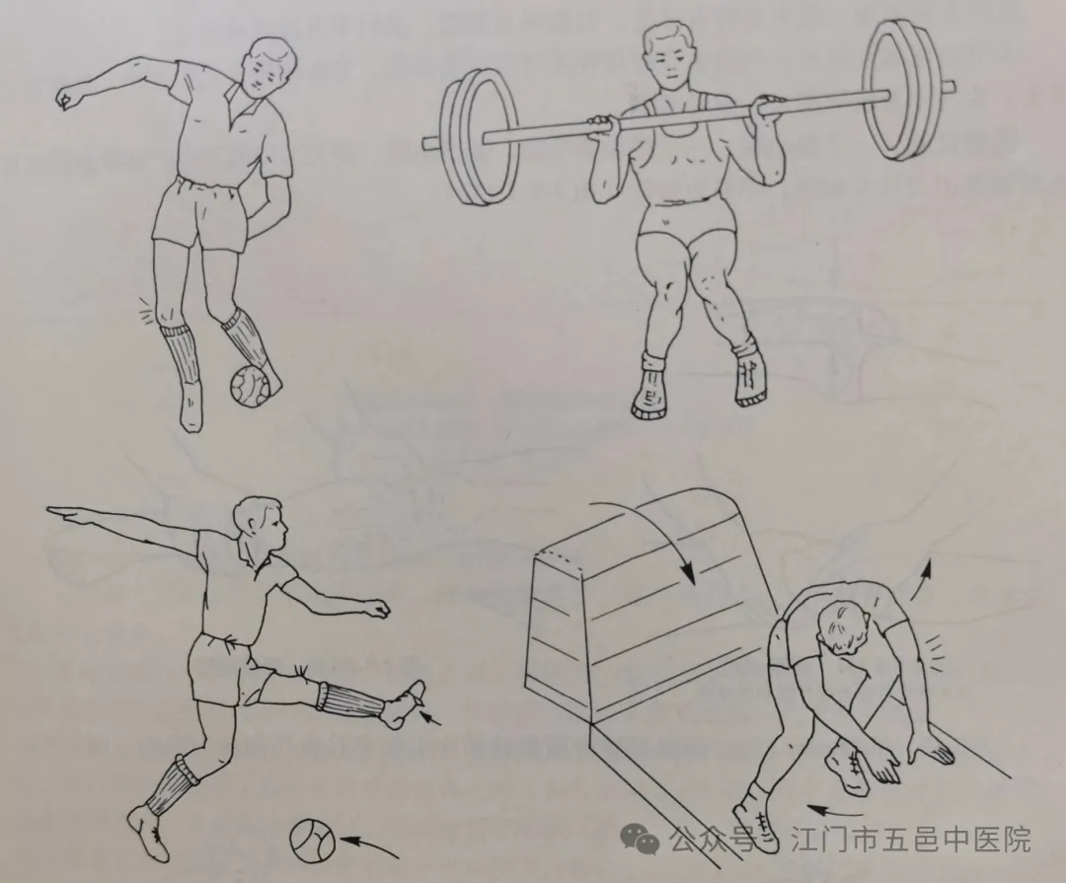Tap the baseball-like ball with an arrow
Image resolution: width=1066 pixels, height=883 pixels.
click(x=312, y=841)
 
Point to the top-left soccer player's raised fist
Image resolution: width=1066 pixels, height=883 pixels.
click(x=68, y=98)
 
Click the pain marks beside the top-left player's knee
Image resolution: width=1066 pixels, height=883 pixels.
click(x=146, y=309)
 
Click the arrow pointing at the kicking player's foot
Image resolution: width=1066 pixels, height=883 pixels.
click(x=430, y=716)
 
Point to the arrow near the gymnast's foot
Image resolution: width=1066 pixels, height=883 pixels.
click(x=834, y=810)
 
